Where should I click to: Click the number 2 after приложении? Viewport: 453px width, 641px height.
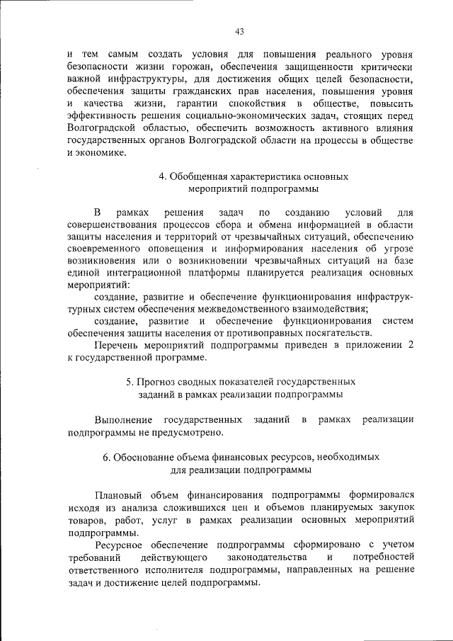[x=410, y=346]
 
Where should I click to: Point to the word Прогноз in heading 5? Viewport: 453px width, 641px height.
[x=155, y=383]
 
